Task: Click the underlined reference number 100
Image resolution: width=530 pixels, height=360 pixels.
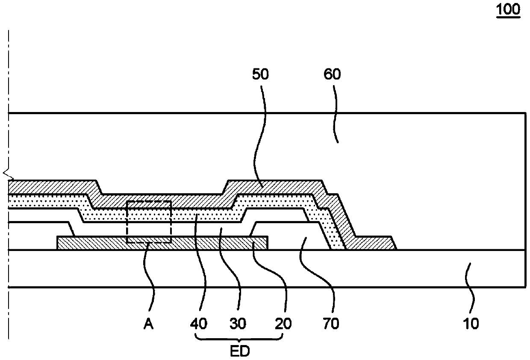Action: tap(508, 10)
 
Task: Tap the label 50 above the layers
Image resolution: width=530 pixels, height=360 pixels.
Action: tap(260, 74)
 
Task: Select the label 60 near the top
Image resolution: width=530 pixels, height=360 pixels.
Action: tap(332, 74)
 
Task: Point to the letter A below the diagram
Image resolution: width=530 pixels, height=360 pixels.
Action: tap(149, 324)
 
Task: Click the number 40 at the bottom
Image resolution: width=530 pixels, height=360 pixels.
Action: tap(199, 324)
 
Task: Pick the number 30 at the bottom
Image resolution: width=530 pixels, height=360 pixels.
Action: tap(238, 324)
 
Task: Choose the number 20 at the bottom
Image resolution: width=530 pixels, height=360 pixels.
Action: tap(283, 324)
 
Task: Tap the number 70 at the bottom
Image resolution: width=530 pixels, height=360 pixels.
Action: tap(331, 324)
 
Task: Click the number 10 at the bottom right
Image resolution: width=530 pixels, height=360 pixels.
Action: tap(471, 324)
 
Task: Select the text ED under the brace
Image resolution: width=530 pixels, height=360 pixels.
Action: tap(240, 351)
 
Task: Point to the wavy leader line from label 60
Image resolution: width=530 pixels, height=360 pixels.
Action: tap(336, 114)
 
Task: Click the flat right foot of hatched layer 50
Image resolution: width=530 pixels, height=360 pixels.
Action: tap(374, 243)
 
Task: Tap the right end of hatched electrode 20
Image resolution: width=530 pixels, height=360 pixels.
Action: tap(268, 243)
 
